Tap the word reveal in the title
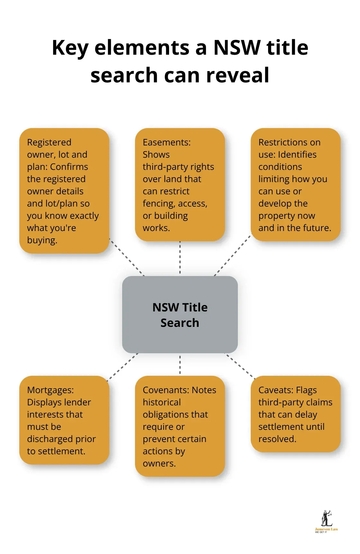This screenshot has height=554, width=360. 238,75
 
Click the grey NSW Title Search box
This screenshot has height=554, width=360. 180,314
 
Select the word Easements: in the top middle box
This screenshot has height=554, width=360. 166,142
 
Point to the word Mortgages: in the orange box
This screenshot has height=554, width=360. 50,390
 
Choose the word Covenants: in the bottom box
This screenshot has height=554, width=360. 166,390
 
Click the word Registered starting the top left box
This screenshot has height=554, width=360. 49,142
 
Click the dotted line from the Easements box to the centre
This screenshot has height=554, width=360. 180,258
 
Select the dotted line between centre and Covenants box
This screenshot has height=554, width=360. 180,365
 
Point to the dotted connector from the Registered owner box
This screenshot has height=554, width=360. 127,257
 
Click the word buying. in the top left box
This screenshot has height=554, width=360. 42,240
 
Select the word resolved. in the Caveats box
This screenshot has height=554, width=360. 277,439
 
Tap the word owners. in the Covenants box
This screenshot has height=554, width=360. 159,463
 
